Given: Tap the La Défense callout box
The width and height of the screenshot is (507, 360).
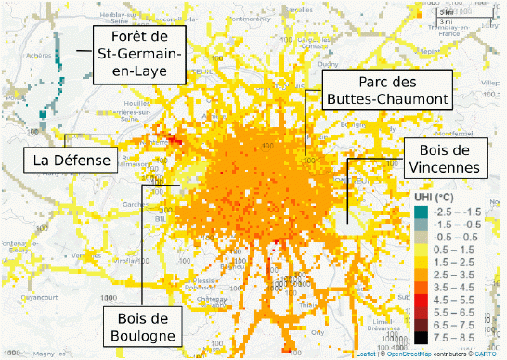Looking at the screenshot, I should (71, 161).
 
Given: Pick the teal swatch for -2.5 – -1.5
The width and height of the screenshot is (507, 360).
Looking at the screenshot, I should (422, 212).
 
